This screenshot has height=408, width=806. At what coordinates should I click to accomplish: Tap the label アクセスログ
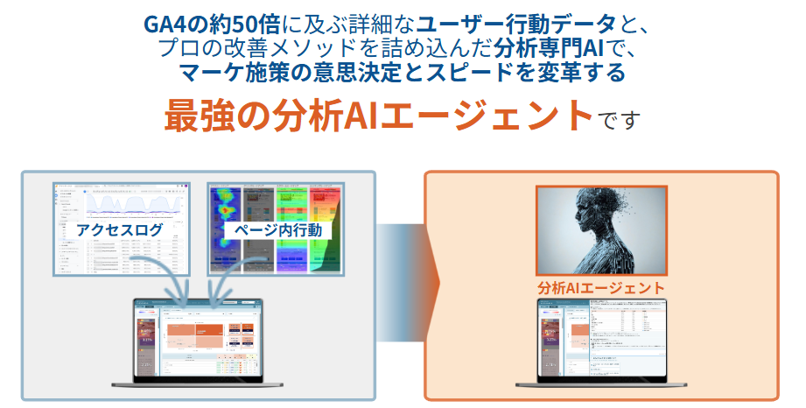point(120,230)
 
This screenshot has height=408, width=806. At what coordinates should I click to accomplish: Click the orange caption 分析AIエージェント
point(600,287)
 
